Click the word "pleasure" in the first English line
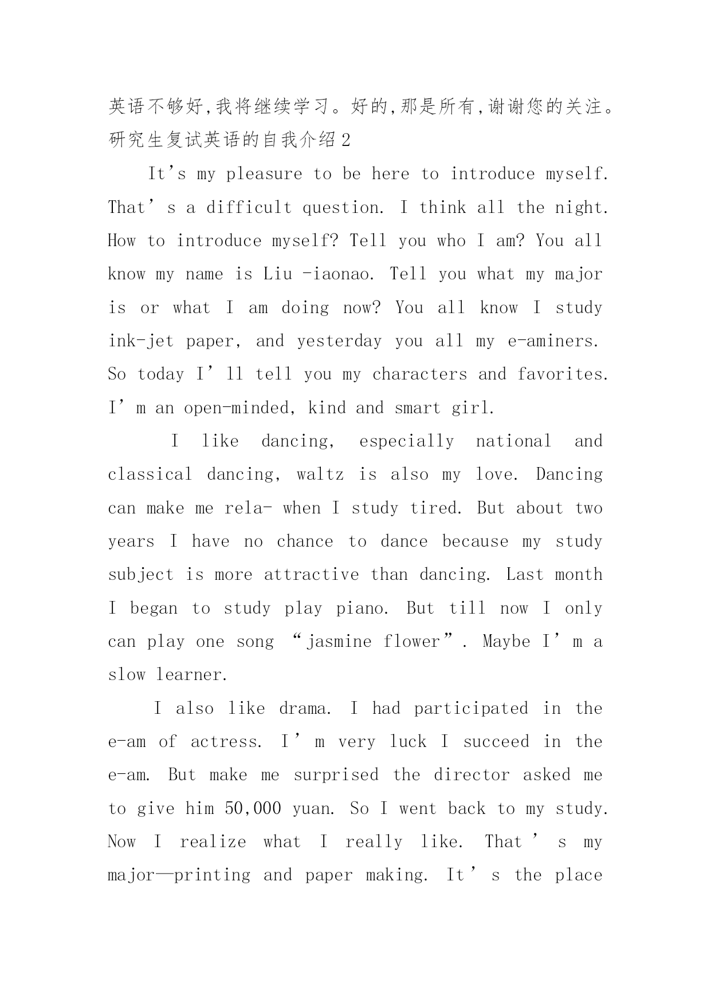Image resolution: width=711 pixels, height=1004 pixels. point(264,175)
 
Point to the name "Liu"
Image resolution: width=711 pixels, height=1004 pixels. point(277,274)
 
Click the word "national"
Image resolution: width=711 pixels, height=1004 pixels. point(513,441)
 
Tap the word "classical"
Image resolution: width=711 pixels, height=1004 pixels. point(150,475)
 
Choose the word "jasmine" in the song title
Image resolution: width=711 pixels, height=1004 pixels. point(339,642)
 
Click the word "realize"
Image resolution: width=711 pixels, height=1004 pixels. point(213,842)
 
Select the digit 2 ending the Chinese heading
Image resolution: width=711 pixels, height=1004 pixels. point(345,140)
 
